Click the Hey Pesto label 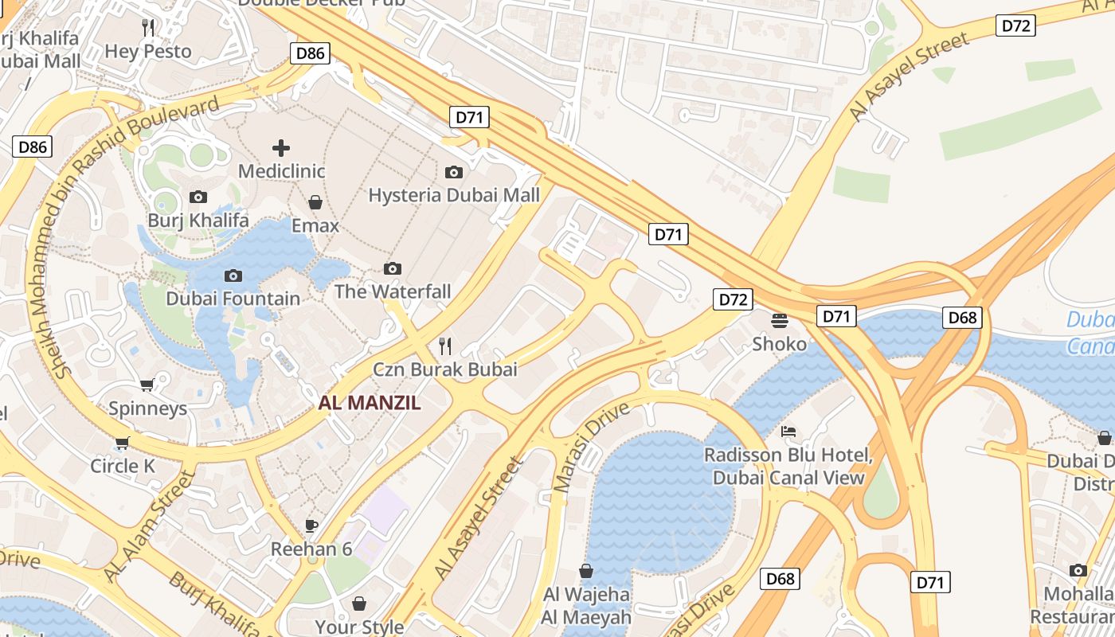click(x=148, y=52)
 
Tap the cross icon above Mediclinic click(x=281, y=148)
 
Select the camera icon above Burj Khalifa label click(x=198, y=197)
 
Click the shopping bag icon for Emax click(x=315, y=202)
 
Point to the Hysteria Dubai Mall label click(x=454, y=195)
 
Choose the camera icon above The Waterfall click(x=392, y=268)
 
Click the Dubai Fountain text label click(x=233, y=299)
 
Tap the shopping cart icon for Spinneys click(x=147, y=385)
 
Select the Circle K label click(x=123, y=466)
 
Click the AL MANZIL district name click(x=370, y=403)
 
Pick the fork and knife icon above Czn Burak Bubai click(x=445, y=346)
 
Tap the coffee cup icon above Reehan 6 click(x=311, y=526)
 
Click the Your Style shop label click(x=361, y=627)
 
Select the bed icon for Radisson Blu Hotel click(x=788, y=432)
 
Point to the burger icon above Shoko click(x=780, y=320)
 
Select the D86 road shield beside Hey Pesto click(x=309, y=53)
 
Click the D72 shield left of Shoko click(x=732, y=299)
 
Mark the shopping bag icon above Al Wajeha click(x=586, y=571)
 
